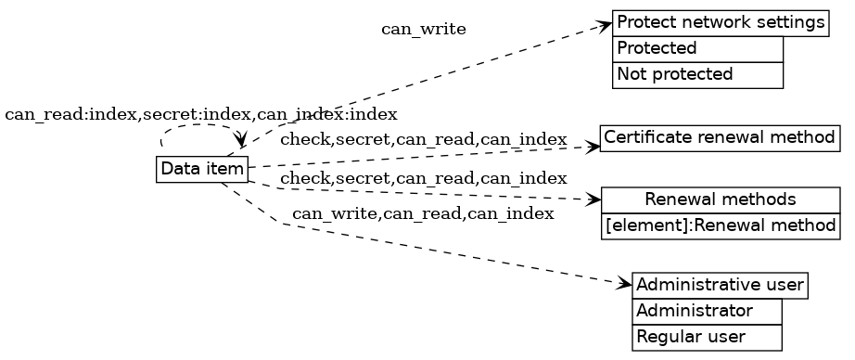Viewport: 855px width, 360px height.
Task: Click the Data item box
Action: (x=202, y=170)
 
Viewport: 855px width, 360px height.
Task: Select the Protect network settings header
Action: (x=720, y=22)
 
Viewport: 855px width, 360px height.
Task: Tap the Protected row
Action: (x=697, y=48)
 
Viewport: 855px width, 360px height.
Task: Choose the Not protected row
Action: (x=697, y=74)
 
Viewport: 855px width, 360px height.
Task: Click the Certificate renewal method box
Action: (x=720, y=138)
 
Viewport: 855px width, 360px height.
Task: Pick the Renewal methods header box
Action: (x=720, y=199)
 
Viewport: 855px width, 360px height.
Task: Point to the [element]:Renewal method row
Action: (x=720, y=225)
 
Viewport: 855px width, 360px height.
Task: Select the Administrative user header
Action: (x=720, y=285)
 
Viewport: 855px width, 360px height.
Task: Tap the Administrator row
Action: (x=707, y=311)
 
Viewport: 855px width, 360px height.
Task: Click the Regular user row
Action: (x=707, y=337)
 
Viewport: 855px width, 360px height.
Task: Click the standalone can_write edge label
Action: (x=423, y=30)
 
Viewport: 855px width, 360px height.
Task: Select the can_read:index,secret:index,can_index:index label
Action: (x=201, y=114)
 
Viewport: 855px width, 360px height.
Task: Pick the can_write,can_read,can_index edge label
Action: (x=423, y=214)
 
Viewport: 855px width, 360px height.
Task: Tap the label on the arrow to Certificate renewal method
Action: (x=423, y=140)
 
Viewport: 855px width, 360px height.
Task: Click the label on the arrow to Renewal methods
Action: (x=423, y=178)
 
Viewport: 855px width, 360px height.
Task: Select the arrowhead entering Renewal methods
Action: (x=594, y=199)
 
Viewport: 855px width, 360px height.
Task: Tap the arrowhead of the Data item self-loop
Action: (x=241, y=140)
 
